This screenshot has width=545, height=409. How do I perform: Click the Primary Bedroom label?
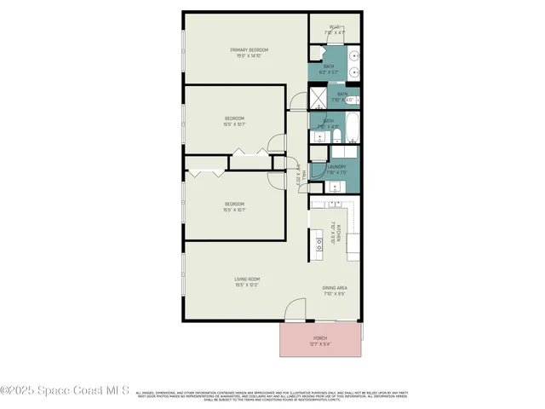pyautogui.click(x=249, y=50)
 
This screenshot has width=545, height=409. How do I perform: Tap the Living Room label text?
pyautogui.click(x=247, y=279)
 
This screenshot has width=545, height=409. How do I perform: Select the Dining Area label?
pyautogui.click(x=334, y=288)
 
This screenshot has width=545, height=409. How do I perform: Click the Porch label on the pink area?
pyautogui.click(x=320, y=337)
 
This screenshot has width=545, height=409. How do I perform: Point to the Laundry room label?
pyautogui.click(x=335, y=167)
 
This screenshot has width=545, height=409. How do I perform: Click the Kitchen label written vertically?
pyautogui.click(x=338, y=233)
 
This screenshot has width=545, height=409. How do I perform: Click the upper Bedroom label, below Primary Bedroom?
pyautogui.click(x=235, y=118)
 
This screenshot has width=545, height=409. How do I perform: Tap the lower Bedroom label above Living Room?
pyautogui.click(x=235, y=204)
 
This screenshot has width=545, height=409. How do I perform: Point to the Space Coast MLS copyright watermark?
pyautogui.click(x=65, y=391)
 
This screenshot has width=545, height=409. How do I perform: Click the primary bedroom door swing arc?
pyautogui.click(x=295, y=104)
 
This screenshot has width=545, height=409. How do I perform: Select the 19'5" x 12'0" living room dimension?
pyautogui.click(x=247, y=285)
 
